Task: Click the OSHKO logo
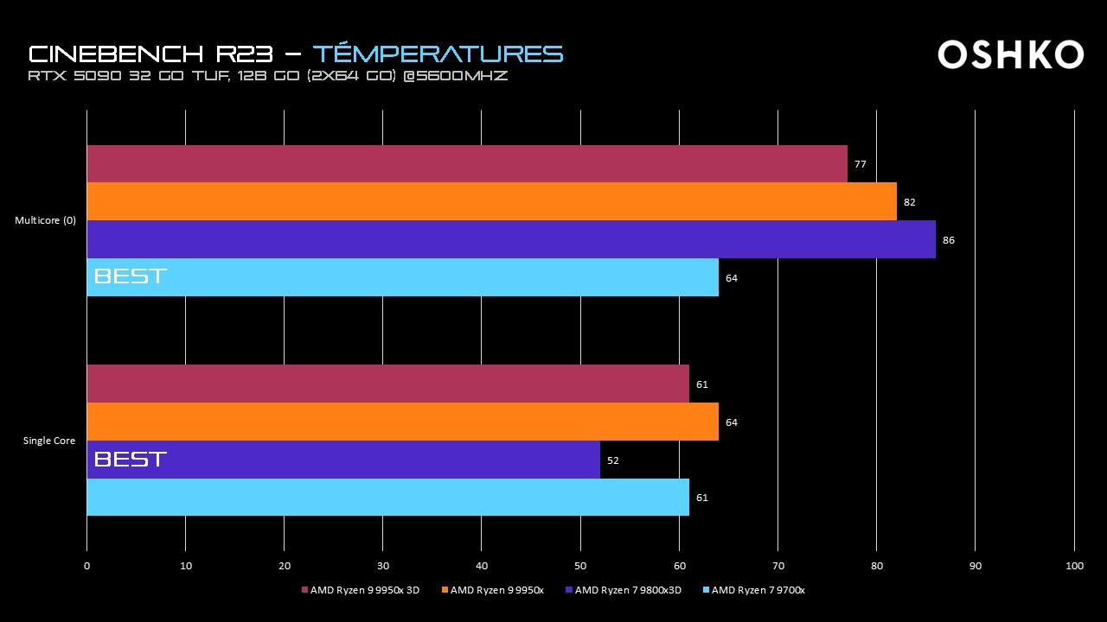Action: (x=1010, y=54)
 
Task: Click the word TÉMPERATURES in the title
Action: (x=438, y=54)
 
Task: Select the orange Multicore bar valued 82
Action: (x=491, y=201)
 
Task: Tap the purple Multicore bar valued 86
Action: (x=510, y=239)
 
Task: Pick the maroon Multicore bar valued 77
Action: (x=467, y=163)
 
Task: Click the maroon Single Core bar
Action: (x=387, y=384)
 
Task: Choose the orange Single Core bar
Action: (x=402, y=422)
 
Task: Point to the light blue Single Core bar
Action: (x=387, y=498)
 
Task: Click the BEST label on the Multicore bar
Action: (x=130, y=277)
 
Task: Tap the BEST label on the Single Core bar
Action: (x=130, y=460)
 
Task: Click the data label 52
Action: (x=613, y=460)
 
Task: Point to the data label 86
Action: (x=949, y=240)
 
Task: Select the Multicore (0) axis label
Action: (x=45, y=220)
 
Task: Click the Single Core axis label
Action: (x=49, y=441)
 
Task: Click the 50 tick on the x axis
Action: (x=580, y=566)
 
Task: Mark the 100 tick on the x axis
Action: (x=1074, y=566)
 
